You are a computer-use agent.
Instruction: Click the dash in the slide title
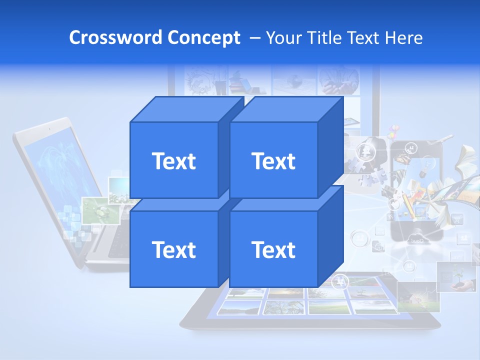click(x=254, y=38)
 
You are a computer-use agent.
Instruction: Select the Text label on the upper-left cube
click(x=173, y=161)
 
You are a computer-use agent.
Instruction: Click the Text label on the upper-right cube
click(x=273, y=161)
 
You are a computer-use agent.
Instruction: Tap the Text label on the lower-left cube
click(x=173, y=249)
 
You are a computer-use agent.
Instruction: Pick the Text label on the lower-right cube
click(x=273, y=249)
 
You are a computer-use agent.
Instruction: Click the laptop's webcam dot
click(x=49, y=129)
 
